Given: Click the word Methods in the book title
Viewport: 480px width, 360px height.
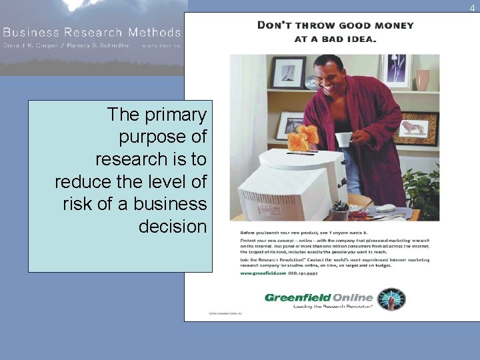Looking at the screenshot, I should [155, 32].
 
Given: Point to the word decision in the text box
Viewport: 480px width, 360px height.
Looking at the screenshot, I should [173, 227].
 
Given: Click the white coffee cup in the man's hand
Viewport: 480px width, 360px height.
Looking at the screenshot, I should [343, 139].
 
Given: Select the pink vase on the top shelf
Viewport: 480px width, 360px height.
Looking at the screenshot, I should [422, 79].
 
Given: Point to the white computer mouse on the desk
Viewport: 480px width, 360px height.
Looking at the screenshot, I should [385, 208].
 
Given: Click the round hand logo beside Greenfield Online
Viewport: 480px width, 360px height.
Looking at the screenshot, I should [391, 299].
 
